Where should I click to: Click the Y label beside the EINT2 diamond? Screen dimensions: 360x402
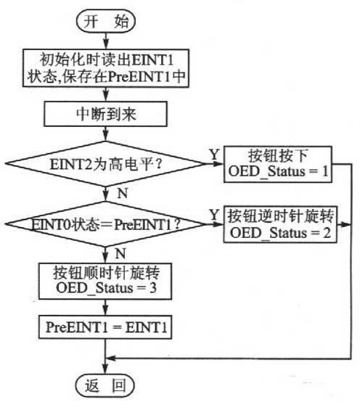click(x=215, y=155)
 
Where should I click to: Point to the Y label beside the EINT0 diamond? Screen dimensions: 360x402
click(x=215, y=214)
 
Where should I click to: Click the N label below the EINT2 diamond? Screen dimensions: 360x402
click(x=123, y=193)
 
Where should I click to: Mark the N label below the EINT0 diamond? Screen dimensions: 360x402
click(x=120, y=253)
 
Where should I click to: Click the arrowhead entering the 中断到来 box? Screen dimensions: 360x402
click(x=106, y=97)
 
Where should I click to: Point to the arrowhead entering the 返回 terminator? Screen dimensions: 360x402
click(x=105, y=371)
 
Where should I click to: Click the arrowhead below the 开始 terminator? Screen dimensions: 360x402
click(x=106, y=45)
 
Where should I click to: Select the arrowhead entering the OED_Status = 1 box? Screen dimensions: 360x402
click(x=219, y=163)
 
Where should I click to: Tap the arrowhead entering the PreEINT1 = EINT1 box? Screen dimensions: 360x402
click(x=105, y=311)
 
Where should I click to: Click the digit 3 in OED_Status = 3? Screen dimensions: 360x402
click(x=153, y=288)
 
